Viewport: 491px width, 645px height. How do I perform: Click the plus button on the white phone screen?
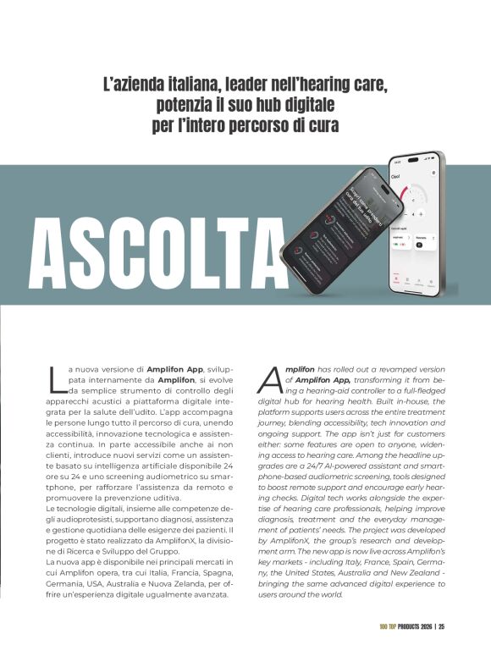tap(422, 214)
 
